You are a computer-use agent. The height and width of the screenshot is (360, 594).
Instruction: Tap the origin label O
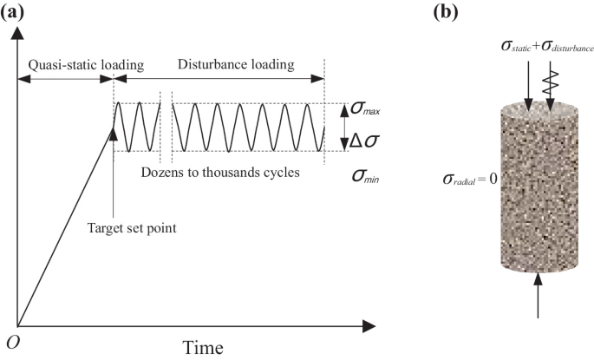click(x=12, y=342)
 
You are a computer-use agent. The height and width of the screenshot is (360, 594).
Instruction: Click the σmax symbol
click(x=363, y=109)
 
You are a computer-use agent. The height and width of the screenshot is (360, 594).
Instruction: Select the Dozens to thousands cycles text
click(x=219, y=172)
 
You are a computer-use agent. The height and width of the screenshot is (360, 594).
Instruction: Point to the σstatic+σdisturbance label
click(x=530, y=45)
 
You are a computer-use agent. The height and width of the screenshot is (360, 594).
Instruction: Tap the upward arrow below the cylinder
click(x=538, y=295)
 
